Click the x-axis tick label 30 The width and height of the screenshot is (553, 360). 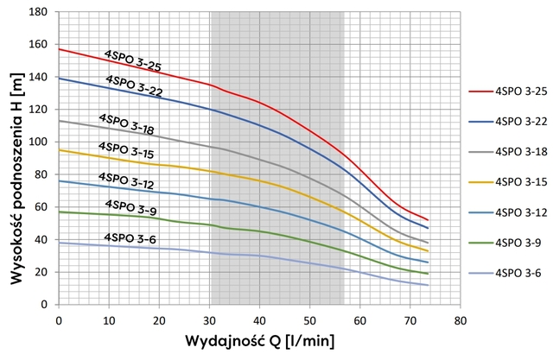coord(209,320)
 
